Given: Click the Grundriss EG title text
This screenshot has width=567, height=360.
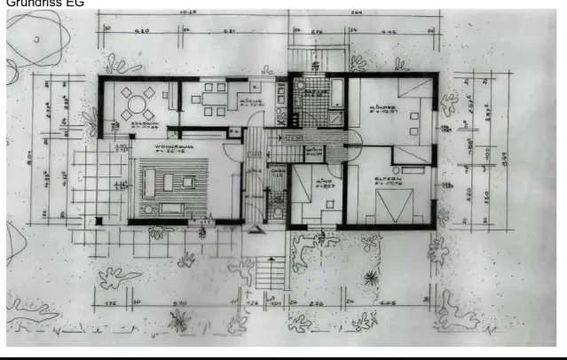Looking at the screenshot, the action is tap(35, 4).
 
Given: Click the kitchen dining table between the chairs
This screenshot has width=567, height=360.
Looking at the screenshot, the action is tap(213, 98).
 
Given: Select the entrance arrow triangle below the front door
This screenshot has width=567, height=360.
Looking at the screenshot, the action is tap(256, 232).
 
